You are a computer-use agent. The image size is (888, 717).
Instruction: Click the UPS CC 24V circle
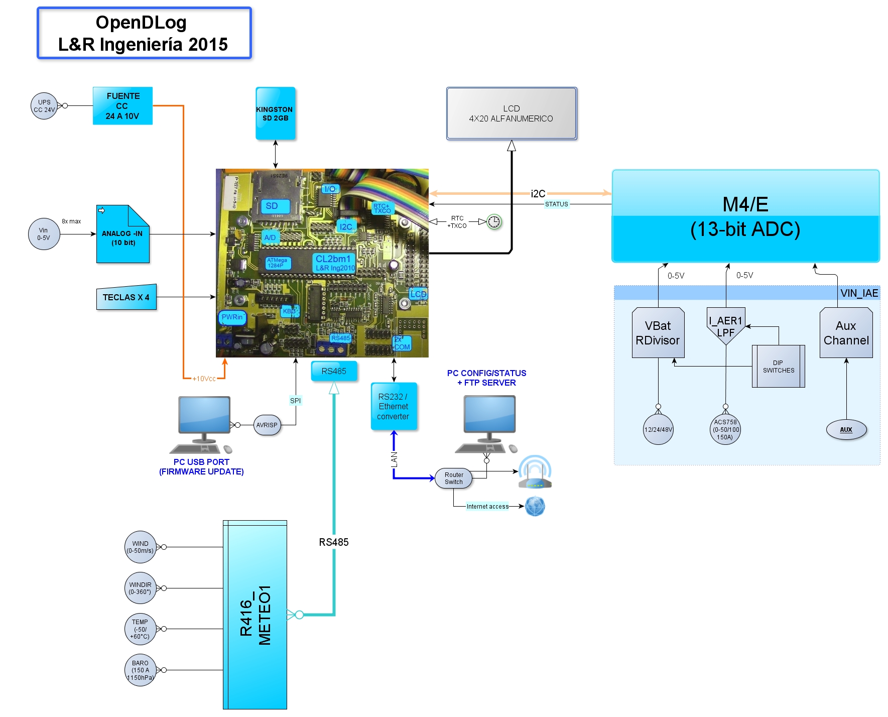[44, 106]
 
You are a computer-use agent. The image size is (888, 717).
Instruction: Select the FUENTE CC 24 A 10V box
[122, 106]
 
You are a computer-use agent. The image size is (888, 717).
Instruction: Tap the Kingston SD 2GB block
[275, 114]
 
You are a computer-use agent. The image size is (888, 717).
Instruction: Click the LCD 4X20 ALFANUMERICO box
[511, 113]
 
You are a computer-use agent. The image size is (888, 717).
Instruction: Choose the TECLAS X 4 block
[126, 297]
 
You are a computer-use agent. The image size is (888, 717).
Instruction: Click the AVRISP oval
[267, 425]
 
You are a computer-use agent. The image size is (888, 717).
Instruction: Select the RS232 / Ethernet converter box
[394, 406]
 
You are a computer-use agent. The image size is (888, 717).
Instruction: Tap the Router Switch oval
[454, 479]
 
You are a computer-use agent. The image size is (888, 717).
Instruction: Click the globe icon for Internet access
[535, 506]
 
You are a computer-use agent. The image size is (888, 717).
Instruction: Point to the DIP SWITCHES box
[778, 367]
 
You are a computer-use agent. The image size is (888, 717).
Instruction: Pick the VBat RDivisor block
[658, 333]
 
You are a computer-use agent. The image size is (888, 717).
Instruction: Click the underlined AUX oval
[846, 430]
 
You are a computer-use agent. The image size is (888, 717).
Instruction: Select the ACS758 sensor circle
[725, 430]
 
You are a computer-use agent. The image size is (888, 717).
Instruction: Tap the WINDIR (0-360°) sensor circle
[140, 588]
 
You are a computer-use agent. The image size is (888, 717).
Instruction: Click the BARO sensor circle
[140, 670]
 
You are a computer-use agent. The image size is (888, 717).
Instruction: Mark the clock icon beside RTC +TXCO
[494, 221]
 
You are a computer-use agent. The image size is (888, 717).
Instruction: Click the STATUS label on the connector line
[557, 204]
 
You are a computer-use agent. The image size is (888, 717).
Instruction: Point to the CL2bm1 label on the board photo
[333, 259]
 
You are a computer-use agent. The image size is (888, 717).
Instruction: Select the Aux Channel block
[846, 333]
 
